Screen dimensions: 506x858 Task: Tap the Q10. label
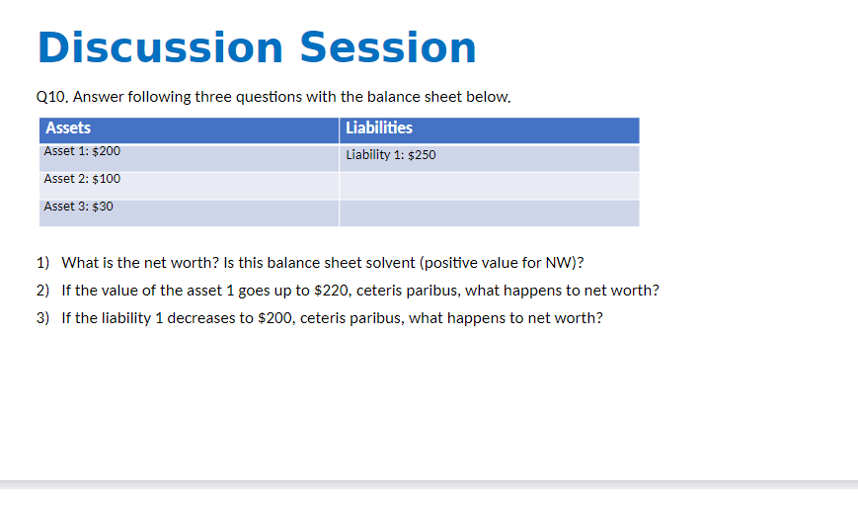point(51,97)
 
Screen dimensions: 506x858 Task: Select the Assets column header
point(68,128)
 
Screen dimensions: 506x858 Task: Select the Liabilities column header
point(379,128)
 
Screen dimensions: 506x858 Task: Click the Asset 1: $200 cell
point(82,152)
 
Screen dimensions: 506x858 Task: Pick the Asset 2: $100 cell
point(82,179)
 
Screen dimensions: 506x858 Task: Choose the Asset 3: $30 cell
point(79,207)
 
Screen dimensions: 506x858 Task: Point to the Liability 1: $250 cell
point(391,155)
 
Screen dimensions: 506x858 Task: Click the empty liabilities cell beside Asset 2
point(489,186)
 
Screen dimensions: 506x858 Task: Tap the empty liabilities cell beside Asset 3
point(489,212)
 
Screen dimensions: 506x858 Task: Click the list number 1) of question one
point(42,263)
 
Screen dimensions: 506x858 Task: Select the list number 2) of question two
point(42,291)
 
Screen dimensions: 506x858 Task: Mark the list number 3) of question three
point(42,318)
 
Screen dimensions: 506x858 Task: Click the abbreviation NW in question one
point(558,263)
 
